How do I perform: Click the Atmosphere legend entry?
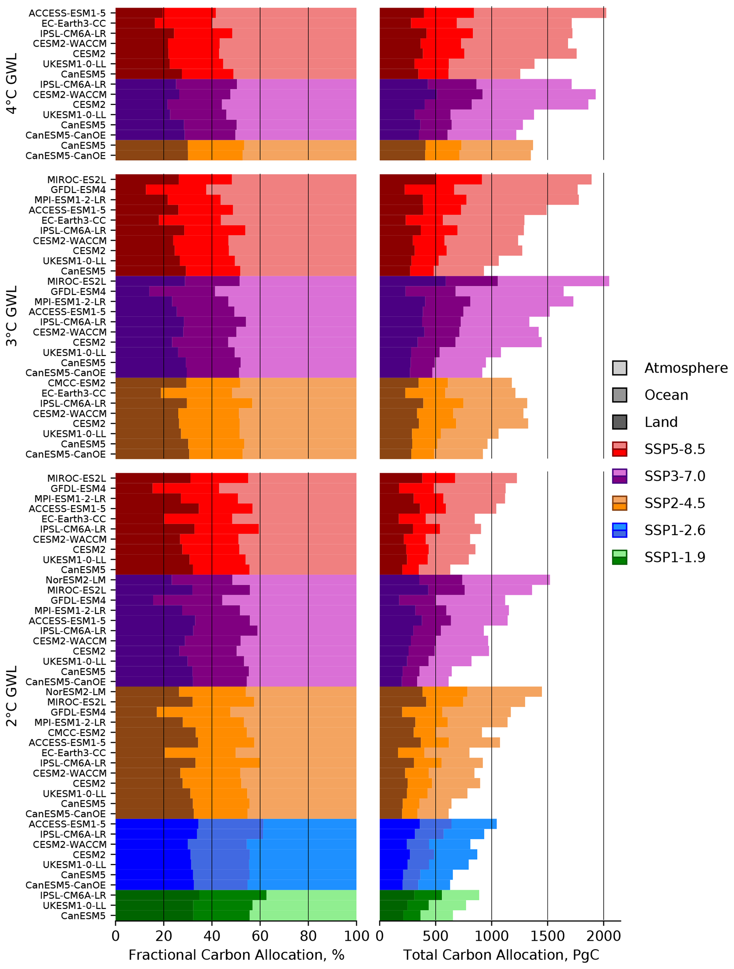[686, 368]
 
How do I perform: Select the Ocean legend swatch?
[620, 395]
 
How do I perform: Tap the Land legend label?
[661, 422]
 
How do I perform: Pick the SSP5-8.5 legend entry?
[674, 449]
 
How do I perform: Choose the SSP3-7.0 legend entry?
[674, 476]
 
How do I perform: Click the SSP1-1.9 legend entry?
[674, 557]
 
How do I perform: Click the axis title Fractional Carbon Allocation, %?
[236, 956]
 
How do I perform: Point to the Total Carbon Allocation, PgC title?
[500, 956]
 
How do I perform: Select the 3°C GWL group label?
[12, 316]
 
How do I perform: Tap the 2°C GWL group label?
[12, 696]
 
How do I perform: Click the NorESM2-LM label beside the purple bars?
[75, 580]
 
